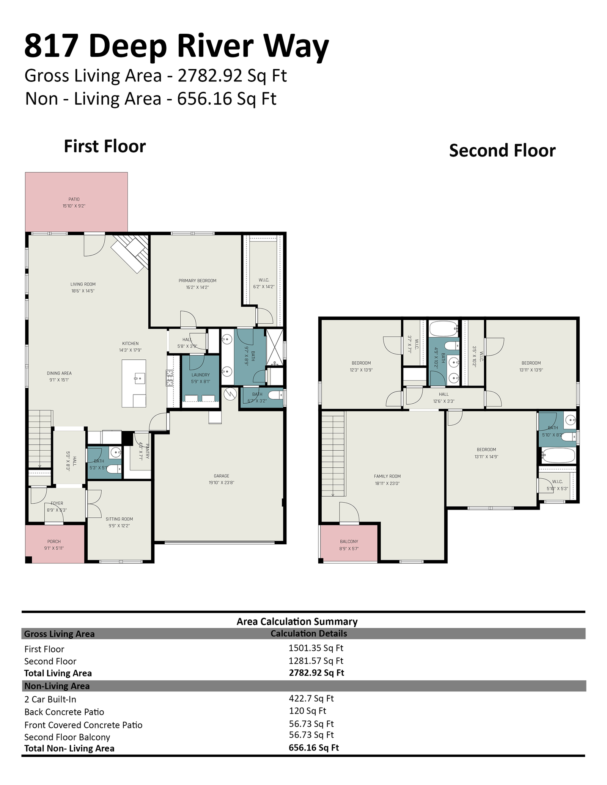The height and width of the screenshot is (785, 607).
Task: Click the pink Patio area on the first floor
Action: coord(76,202)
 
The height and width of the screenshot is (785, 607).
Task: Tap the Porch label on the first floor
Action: coord(54,541)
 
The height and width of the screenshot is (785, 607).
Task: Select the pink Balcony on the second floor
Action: coord(349,543)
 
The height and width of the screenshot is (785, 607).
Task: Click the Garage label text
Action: coord(222,476)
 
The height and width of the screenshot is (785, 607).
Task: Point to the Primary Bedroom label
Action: coord(197,280)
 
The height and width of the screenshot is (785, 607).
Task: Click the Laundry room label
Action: coord(201,375)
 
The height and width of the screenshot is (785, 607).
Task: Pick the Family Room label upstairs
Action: coord(387,476)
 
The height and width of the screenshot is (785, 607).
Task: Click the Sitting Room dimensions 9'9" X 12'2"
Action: coord(119,526)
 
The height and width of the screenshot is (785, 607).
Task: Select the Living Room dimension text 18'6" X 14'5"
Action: coord(83,291)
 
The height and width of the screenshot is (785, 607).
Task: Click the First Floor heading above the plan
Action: coord(105,146)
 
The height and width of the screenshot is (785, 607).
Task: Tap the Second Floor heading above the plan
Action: coord(502,150)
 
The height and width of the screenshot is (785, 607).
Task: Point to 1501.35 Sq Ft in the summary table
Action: coord(316,648)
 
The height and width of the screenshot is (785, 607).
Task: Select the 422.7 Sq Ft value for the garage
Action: coord(311,698)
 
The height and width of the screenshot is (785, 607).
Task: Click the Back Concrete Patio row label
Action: coord(64,712)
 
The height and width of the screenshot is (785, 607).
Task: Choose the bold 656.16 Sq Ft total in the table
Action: coord(314,747)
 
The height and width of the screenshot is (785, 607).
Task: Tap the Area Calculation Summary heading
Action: coord(297,621)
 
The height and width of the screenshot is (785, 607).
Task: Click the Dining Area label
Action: coord(59,373)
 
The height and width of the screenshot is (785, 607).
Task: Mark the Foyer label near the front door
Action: coord(57,503)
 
